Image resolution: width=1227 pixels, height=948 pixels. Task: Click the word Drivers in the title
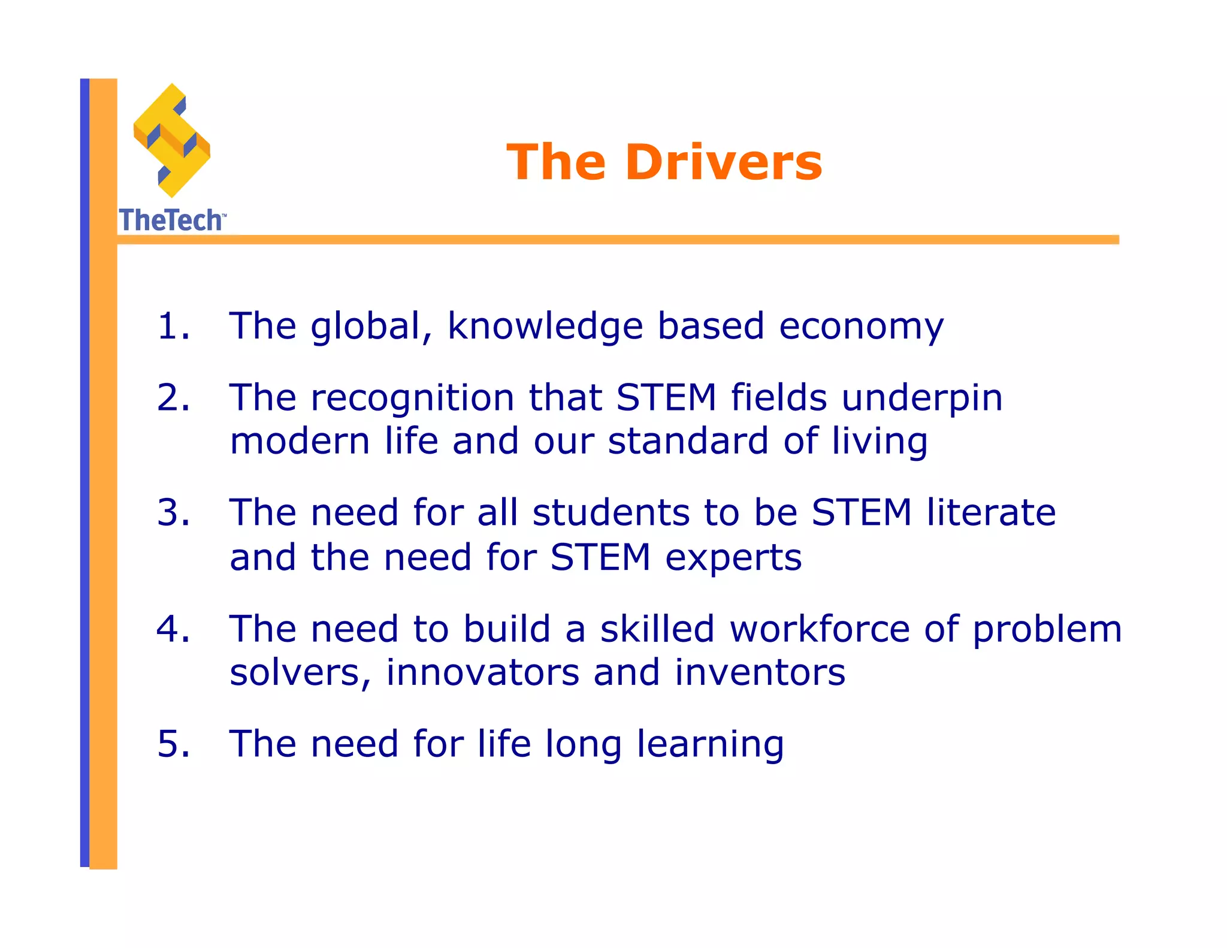[724, 162]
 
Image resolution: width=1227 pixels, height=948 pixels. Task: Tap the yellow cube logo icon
[172, 140]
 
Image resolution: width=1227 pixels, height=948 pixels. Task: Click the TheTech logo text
[171, 221]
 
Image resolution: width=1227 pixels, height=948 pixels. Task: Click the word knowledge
[545, 327]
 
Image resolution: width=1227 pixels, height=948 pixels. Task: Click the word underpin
[922, 398]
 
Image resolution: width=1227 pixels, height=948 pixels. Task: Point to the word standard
[688, 441]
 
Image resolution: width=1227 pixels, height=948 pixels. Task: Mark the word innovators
[482, 672]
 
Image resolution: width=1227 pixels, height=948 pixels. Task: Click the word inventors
[760, 672]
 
